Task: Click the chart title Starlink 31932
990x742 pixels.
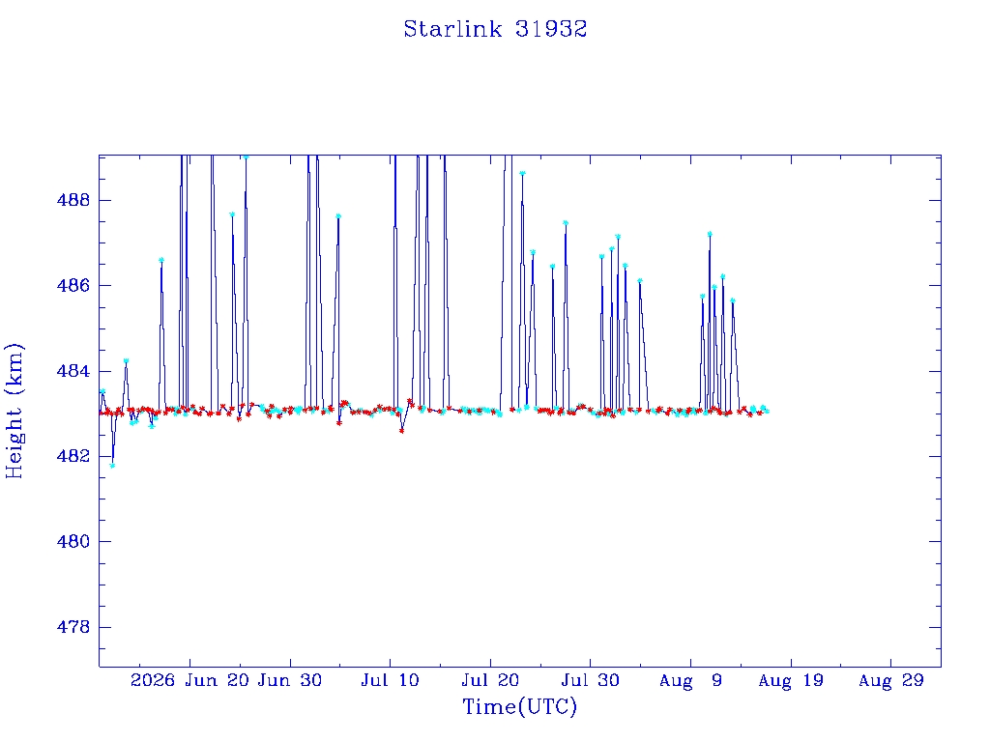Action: pos(495,29)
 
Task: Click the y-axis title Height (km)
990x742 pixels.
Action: pos(14,412)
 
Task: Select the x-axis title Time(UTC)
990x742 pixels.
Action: pos(519,706)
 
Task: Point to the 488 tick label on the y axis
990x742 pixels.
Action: pos(73,201)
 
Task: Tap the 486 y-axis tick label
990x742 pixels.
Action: pos(73,286)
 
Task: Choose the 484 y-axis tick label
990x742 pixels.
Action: pos(73,371)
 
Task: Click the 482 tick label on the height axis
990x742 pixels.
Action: pos(73,456)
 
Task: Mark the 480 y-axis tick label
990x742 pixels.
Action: pos(73,541)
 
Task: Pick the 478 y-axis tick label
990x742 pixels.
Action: pos(73,627)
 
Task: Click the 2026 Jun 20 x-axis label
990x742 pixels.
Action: pos(189,680)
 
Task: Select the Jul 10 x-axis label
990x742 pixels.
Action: pos(390,680)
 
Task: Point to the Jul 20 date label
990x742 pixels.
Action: pos(490,680)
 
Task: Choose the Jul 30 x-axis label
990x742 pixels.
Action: pos(591,680)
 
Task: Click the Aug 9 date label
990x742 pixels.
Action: pos(690,680)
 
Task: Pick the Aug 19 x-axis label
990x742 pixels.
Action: pos(791,680)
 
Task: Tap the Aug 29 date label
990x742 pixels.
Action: pos(890,680)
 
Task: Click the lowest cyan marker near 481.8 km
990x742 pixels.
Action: pos(112,466)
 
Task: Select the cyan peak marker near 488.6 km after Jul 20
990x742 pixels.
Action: pos(522,173)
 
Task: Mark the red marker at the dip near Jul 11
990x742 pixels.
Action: pos(401,431)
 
